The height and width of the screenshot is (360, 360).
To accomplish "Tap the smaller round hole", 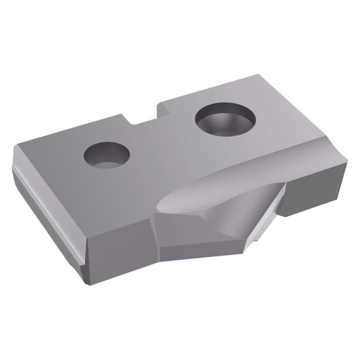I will coord(106,153).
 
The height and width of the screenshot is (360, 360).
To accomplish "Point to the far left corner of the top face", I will coord(14,148).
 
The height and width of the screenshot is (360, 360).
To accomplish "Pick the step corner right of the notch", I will coord(160,106).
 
